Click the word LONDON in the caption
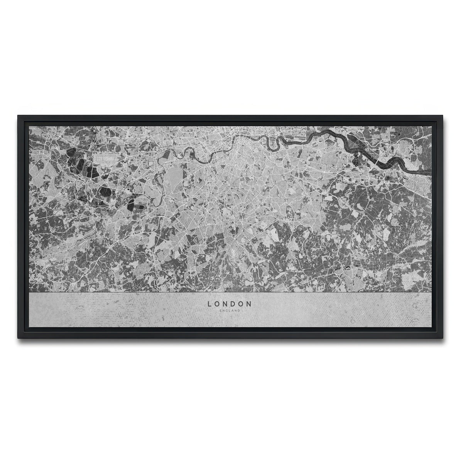click(230, 304)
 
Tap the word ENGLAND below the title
click(230, 310)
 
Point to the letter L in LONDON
click(210, 304)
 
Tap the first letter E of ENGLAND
click(220, 310)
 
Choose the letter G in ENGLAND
click(226, 310)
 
